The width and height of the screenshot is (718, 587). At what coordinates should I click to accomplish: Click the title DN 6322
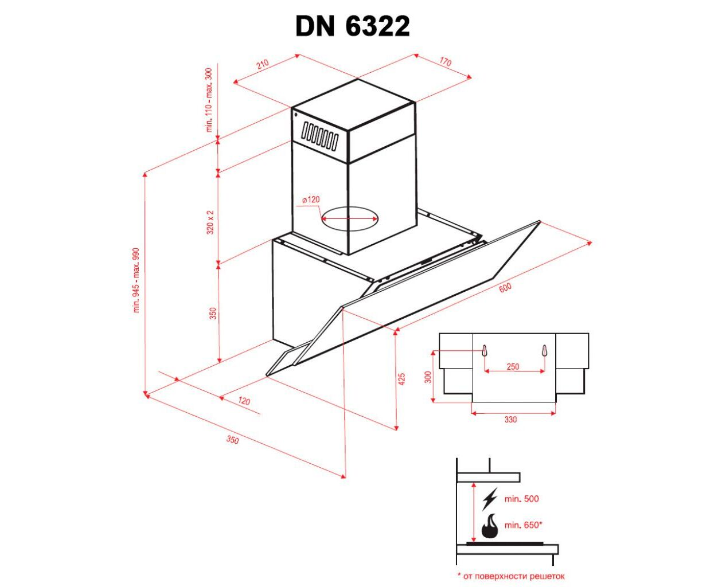(x=352, y=26)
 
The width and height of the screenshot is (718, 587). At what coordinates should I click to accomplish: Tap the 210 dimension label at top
(x=263, y=64)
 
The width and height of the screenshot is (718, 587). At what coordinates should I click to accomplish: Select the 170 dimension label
(x=445, y=62)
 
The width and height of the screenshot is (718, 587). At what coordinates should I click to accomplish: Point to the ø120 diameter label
(x=311, y=199)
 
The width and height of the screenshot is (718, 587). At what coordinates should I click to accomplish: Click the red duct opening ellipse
(x=349, y=218)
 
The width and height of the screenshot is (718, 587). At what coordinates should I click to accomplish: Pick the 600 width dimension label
(x=505, y=288)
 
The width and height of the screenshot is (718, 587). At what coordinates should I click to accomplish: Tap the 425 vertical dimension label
(x=401, y=379)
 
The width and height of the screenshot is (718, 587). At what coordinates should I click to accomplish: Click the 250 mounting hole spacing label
(x=513, y=366)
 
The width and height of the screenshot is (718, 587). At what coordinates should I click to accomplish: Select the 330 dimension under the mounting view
(x=510, y=420)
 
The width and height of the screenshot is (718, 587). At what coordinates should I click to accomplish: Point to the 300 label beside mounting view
(x=428, y=377)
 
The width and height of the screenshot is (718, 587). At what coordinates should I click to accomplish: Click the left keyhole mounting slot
(x=485, y=350)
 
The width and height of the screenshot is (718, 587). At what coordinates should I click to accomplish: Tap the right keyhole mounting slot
(x=545, y=350)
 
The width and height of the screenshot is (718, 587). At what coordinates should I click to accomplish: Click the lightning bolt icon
(x=490, y=499)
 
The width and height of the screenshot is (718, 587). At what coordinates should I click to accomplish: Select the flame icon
(x=490, y=526)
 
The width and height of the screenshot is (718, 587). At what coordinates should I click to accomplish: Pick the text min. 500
(x=521, y=499)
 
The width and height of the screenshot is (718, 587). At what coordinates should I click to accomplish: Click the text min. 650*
(x=523, y=525)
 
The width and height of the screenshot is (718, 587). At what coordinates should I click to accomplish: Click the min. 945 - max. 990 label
(x=136, y=280)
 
